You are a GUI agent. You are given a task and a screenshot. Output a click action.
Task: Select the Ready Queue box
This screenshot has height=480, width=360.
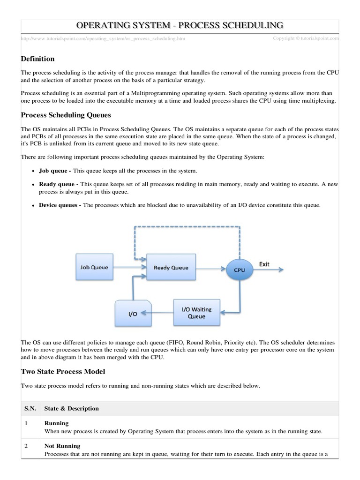(x=171, y=268)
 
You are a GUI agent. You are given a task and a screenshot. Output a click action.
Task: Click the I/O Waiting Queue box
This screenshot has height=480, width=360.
(x=196, y=313)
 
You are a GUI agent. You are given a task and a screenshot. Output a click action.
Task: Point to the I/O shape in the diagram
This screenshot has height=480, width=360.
(x=133, y=314)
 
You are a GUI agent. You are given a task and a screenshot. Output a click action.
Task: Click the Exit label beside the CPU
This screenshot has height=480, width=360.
(x=264, y=264)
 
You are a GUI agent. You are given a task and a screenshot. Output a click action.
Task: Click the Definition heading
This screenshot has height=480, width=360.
(x=38, y=59)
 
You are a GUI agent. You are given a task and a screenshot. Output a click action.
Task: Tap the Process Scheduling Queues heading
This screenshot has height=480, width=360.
(x=66, y=115)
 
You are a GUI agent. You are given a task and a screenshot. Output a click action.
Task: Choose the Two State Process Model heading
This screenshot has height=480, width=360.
(x=63, y=371)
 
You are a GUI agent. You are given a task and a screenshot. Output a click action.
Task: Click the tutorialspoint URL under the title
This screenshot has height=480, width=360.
(x=103, y=38)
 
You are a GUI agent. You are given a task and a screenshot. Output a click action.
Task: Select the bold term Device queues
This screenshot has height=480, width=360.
(x=60, y=205)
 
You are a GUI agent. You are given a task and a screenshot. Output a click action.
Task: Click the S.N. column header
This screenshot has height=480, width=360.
(x=30, y=408)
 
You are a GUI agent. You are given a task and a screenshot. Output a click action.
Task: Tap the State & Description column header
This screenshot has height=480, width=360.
(x=71, y=408)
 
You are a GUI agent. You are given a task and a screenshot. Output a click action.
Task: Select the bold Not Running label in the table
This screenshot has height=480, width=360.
(x=62, y=446)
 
